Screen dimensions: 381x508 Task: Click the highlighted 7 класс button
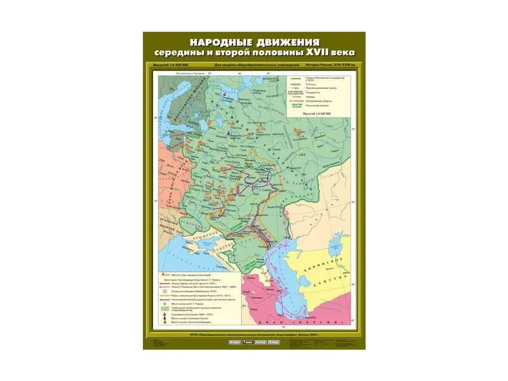click(244, 343)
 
